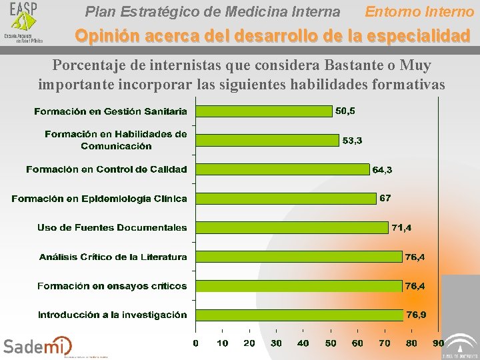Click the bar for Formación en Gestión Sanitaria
263,111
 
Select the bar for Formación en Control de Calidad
282,169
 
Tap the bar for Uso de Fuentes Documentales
291,227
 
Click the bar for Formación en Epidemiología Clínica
285,198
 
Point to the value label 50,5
345,111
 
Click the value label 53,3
353,141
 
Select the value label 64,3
382,170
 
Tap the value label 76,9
417,315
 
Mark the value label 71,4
401,228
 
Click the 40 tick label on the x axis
303,343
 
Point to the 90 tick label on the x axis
438,343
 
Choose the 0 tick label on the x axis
195,343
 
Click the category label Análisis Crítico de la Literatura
113,257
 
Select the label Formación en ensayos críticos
112,286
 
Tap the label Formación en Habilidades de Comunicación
116,140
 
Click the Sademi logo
37,346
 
